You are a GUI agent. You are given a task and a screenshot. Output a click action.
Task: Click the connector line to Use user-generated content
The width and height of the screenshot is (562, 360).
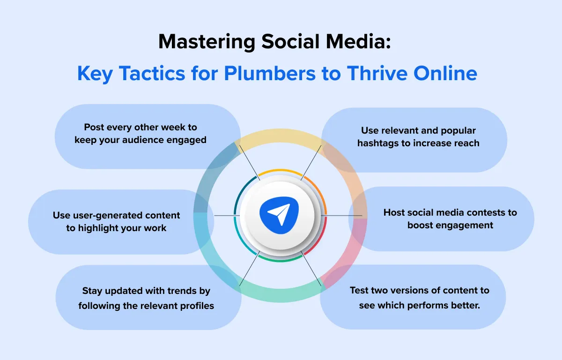(x=225, y=216)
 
